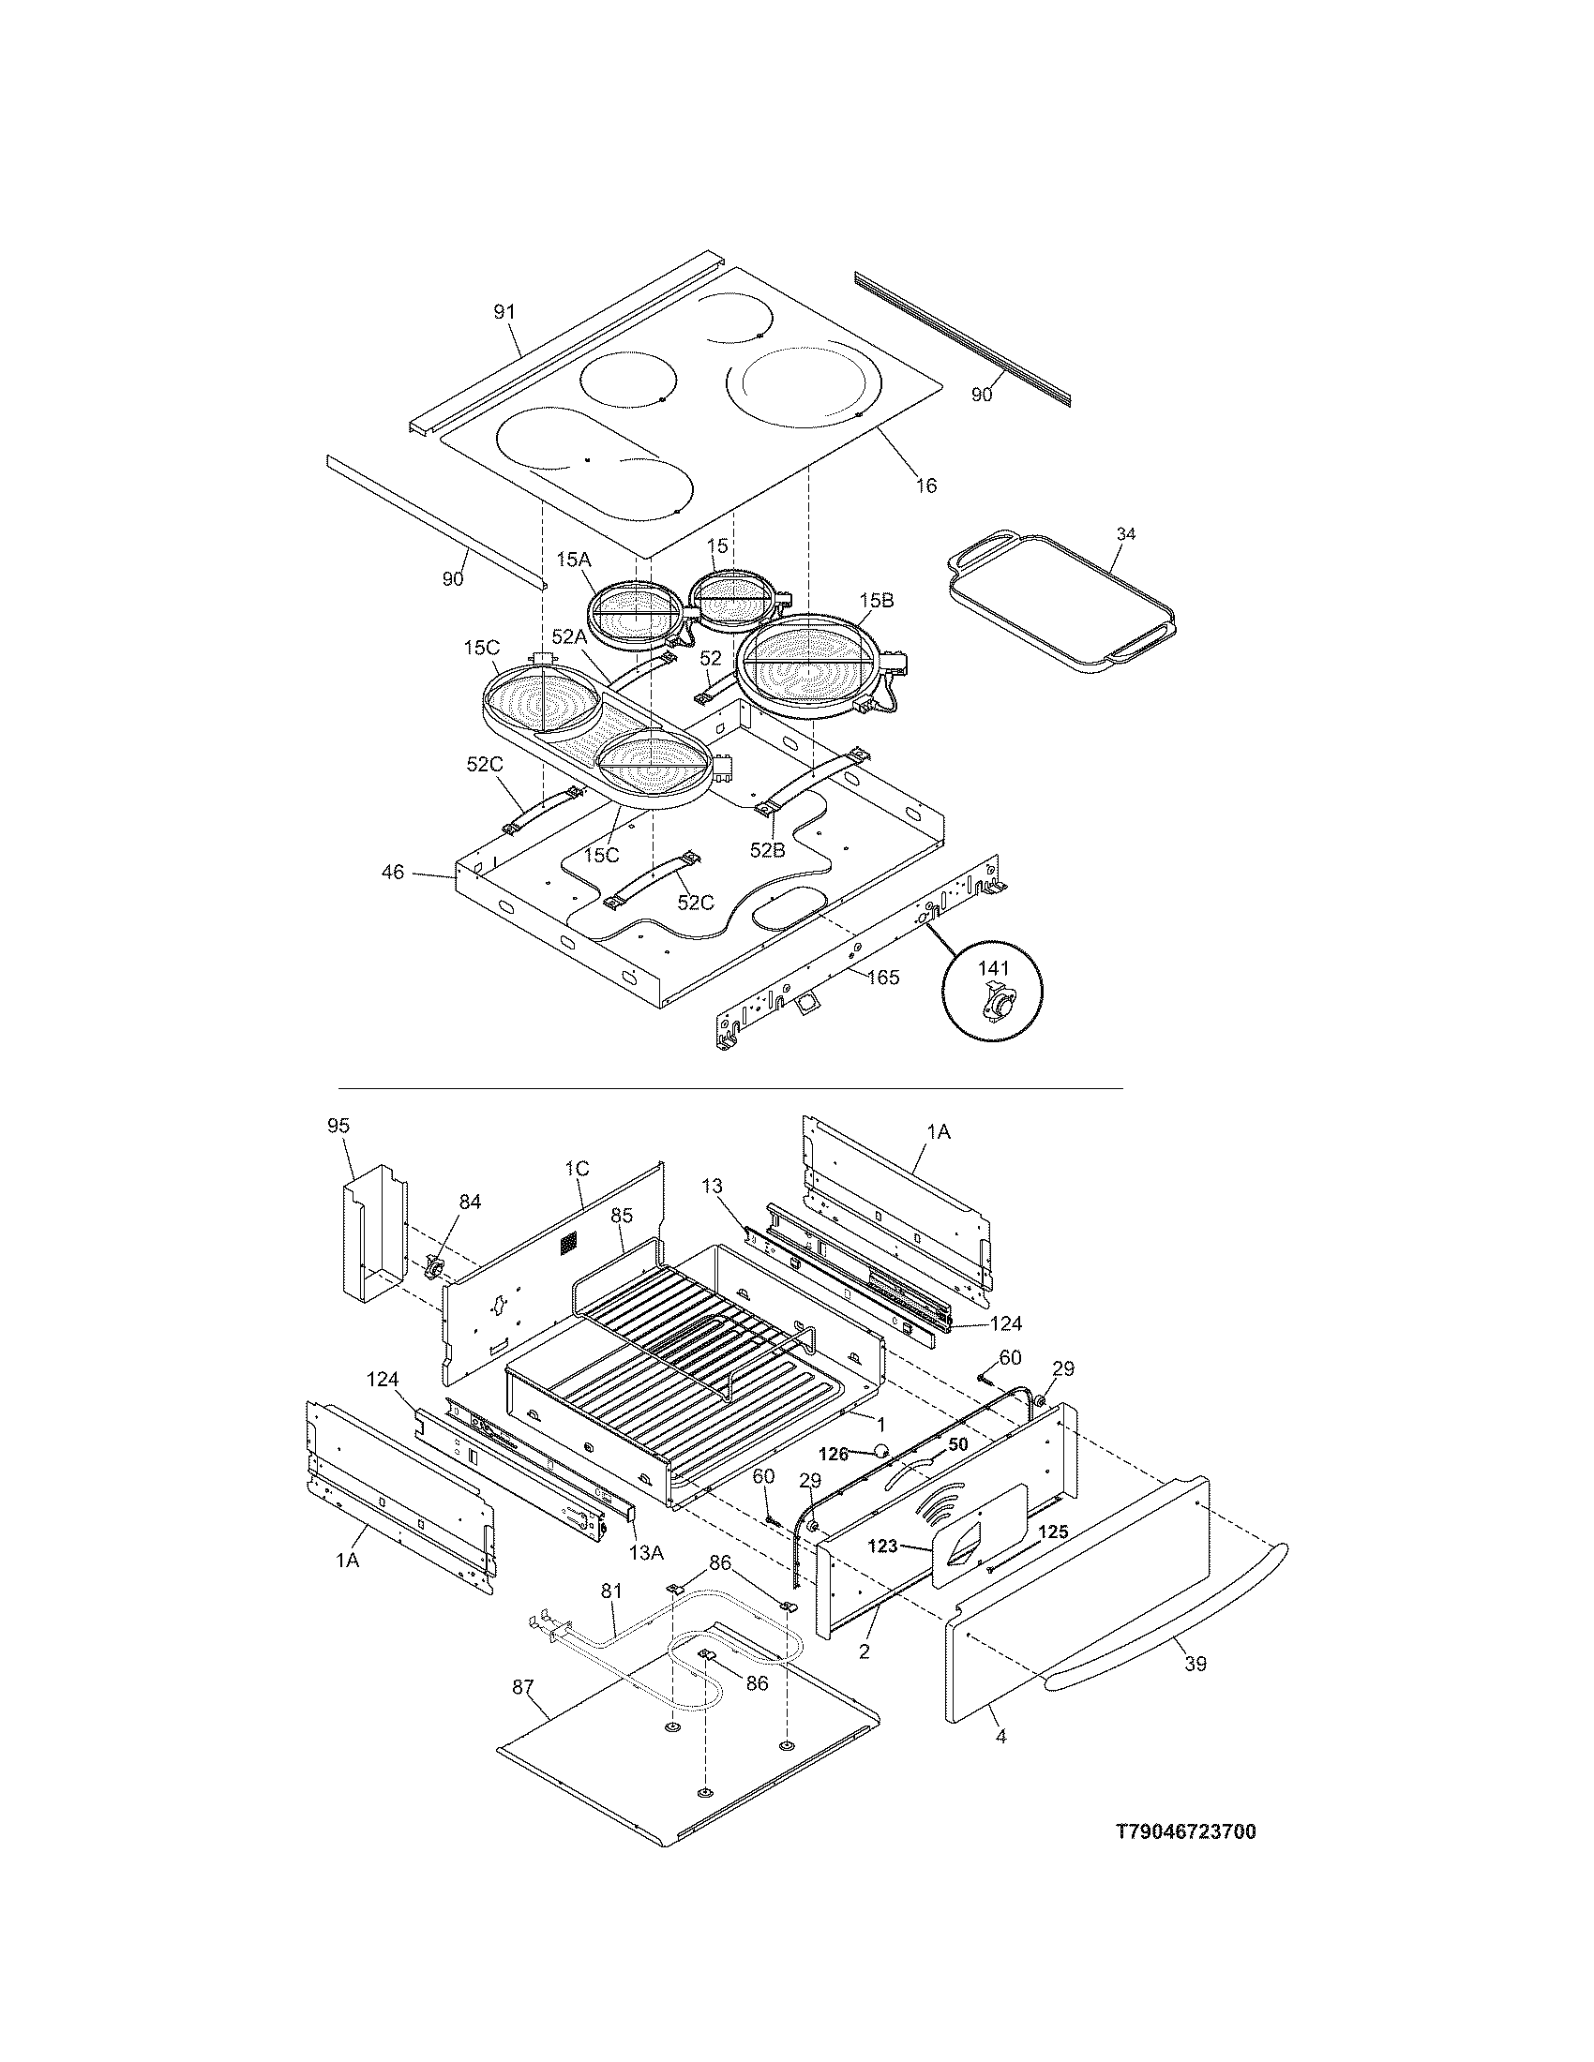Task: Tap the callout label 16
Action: (926, 486)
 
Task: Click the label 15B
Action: (876, 601)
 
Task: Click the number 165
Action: (883, 978)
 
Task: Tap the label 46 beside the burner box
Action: (393, 873)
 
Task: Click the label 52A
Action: (570, 637)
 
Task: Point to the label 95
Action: (339, 1126)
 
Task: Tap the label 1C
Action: (577, 1169)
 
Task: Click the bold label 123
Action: (882, 1546)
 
